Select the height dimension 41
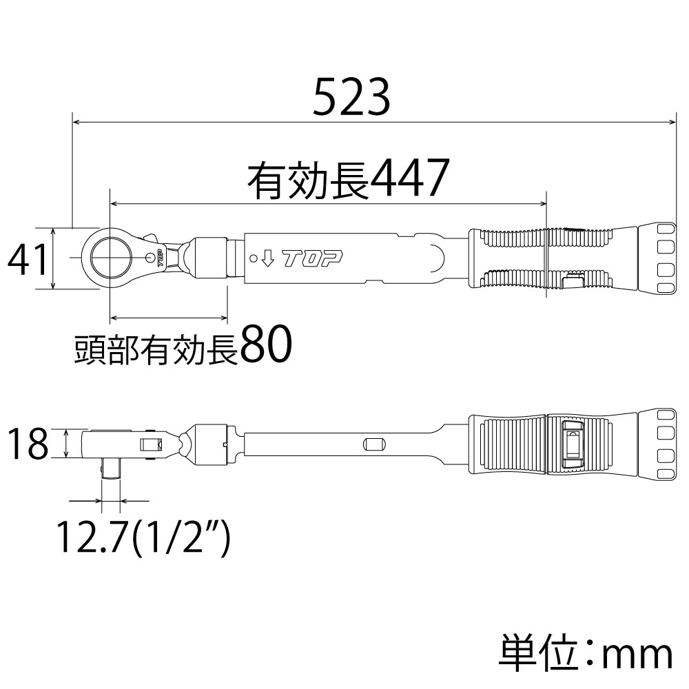[28, 260]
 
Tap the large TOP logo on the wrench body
[313, 259]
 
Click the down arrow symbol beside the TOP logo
[269, 259]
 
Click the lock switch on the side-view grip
[571, 444]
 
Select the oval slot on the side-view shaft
[373, 444]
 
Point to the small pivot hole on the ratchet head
[151, 258]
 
